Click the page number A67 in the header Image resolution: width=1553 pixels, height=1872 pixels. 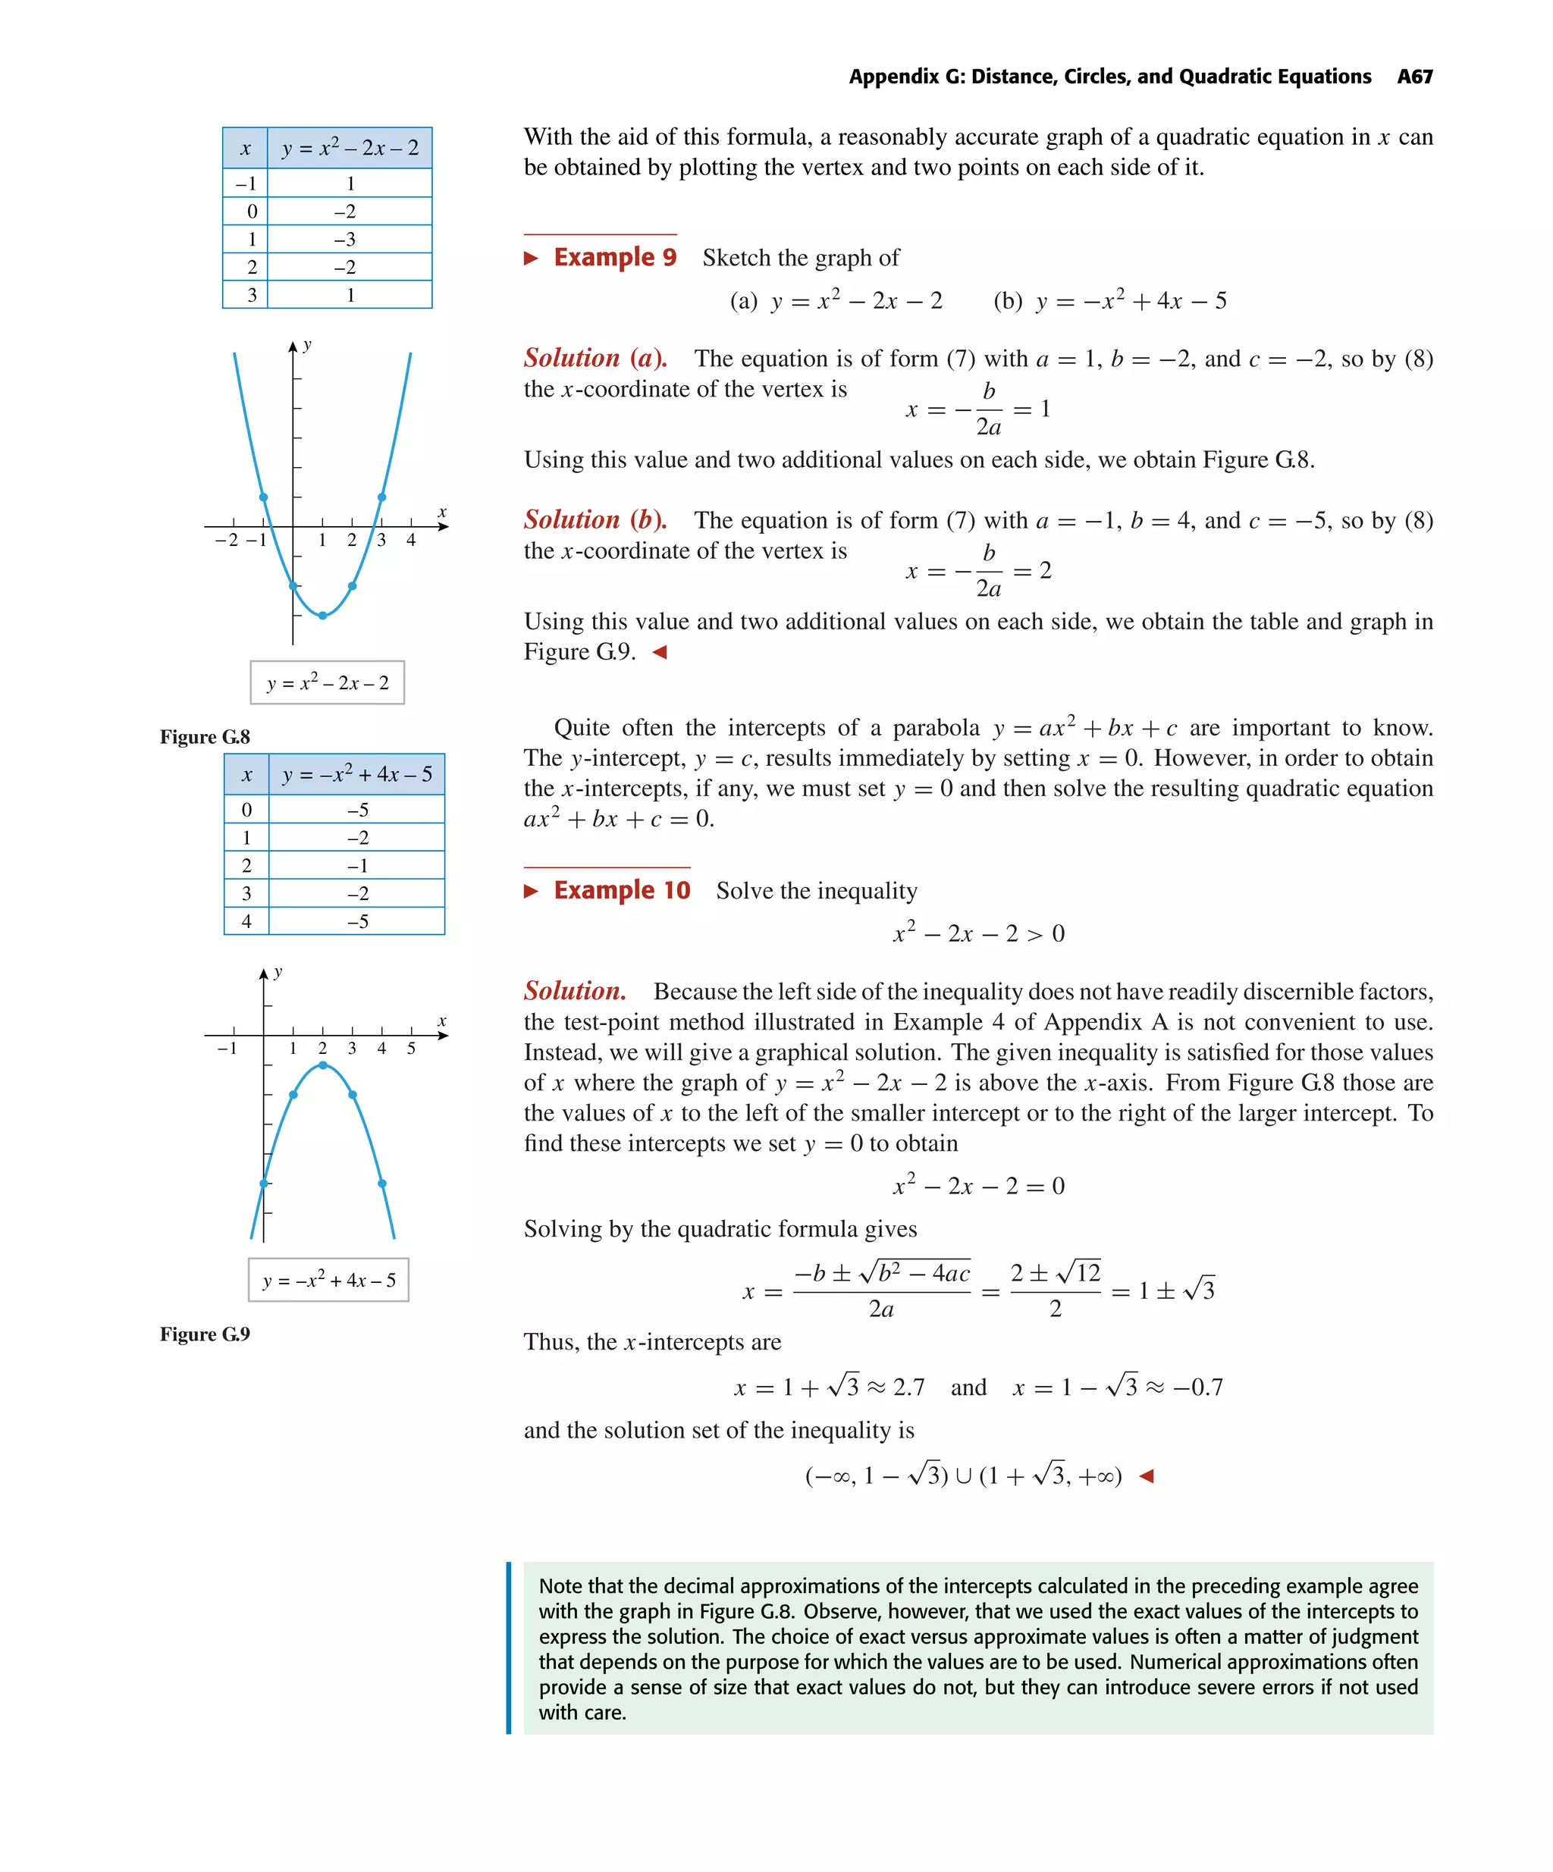click(x=1414, y=77)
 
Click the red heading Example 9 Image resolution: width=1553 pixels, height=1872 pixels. click(x=614, y=258)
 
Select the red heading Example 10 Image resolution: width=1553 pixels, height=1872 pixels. click(x=621, y=891)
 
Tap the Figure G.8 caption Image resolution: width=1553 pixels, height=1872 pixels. click(x=205, y=737)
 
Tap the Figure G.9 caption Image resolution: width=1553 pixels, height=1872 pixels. click(x=205, y=1334)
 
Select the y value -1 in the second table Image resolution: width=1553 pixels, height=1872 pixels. click(x=356, y=866)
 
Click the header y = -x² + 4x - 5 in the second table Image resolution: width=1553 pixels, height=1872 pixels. click(x=356, y=775)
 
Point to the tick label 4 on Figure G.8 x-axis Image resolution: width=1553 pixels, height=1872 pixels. click(x=411, y=540)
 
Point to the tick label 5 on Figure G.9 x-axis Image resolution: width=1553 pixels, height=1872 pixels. click(x=411, y=1049)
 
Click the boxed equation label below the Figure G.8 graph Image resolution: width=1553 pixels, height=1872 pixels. click(x=327, y=683)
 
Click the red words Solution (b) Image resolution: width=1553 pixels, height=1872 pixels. click(x=595, y=519)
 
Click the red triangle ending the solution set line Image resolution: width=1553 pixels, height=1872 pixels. click(x=1147, y=1476)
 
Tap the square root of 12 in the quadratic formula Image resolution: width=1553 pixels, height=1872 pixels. click(x=1079, y=1272)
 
